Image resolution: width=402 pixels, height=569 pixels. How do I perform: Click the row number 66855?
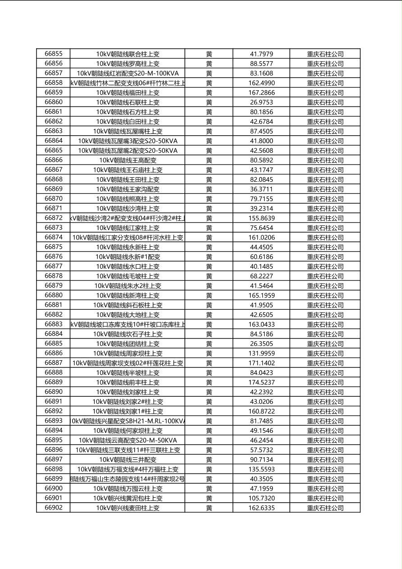pyautogui.click(x=54, y=54)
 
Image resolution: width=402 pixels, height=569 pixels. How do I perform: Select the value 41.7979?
pyautogui.click(x=261, y=54)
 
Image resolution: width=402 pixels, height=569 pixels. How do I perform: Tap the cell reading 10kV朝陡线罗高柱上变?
pyautogui.click(x=128, y=64)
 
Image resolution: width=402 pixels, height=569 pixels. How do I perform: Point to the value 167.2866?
pyautogui.click(x=261, y=92)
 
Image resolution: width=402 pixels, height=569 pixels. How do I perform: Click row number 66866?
pyautogui.click(x=54, y=160)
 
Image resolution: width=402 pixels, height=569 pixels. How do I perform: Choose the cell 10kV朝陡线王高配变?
pyautogui.click(x=128, y=160)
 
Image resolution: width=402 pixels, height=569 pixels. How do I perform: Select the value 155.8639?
pyautogui.click(x=261, y=218)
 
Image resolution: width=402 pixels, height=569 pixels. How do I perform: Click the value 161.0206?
pyautogui.click(x=261, y=238)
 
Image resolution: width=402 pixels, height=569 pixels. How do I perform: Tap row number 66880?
pyautogui.click(x=54, y=295)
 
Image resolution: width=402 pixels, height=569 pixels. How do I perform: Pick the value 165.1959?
pyautogui.click(x=261, y=295)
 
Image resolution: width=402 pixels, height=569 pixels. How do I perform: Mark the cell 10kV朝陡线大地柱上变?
pyautogui.click(x=128, y=315)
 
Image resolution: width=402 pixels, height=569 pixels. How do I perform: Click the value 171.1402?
pyautogui.click(x=261, y=363)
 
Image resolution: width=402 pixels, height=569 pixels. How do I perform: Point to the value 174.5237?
pyautogui.click(x=261, y=382)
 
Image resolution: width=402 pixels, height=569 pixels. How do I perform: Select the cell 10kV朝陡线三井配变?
pyautogui.click(x=128, y=459)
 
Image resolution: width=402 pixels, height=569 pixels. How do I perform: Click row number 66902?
pyautogui.click(x=54, y=508)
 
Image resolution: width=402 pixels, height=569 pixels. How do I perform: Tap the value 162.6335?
pyautogui.click(x=261, y=508)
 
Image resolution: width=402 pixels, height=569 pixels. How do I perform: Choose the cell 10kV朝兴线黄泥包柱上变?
pyautogui.click(x=128, y=498)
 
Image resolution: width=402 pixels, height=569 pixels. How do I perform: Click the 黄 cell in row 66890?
pyautogui.click(x=209, y=392)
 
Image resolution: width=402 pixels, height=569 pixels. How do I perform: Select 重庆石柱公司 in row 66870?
pyautogui.click(x=325, y=199)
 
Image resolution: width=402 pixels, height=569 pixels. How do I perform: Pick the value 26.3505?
pyautogui.click(x=261, y=344)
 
